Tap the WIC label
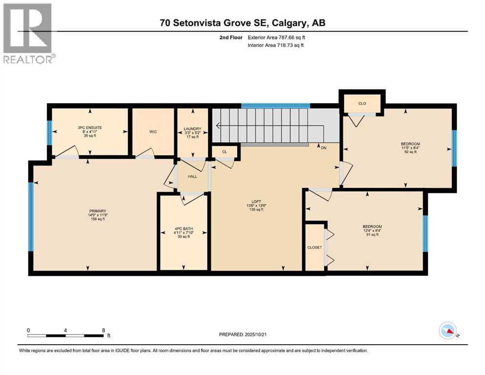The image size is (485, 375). pos(152,131)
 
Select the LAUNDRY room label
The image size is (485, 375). pos(192,129)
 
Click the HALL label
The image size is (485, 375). pos(192,176)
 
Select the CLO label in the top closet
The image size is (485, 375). pos(362,104)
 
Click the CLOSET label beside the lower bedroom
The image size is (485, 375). pos(315,248)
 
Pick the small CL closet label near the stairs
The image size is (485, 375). pos(224,152)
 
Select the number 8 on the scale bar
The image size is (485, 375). pos(103,330)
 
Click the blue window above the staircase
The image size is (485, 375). pos(275,105)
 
